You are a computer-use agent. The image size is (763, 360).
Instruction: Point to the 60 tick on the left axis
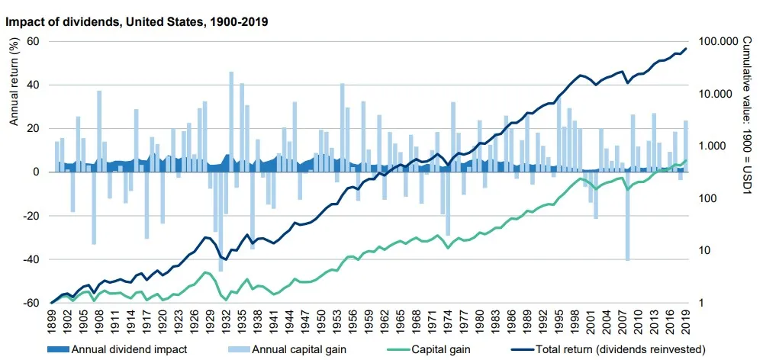[x=34, y=41]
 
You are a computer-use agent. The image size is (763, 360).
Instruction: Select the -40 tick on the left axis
[x=31, y=259]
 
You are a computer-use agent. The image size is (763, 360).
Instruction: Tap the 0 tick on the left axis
[x=37, y=172]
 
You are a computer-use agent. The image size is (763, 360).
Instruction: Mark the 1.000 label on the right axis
[x=716, y=146]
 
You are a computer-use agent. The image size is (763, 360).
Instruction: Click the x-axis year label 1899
[x=52, y=320]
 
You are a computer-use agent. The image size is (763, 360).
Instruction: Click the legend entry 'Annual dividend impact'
[x=129, y=350]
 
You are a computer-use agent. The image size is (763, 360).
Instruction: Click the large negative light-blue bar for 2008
[x=628, y=217]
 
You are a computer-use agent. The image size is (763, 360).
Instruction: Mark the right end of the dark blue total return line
[x=685, y=49]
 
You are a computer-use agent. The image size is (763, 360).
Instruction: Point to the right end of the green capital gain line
[x=685, y=160]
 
